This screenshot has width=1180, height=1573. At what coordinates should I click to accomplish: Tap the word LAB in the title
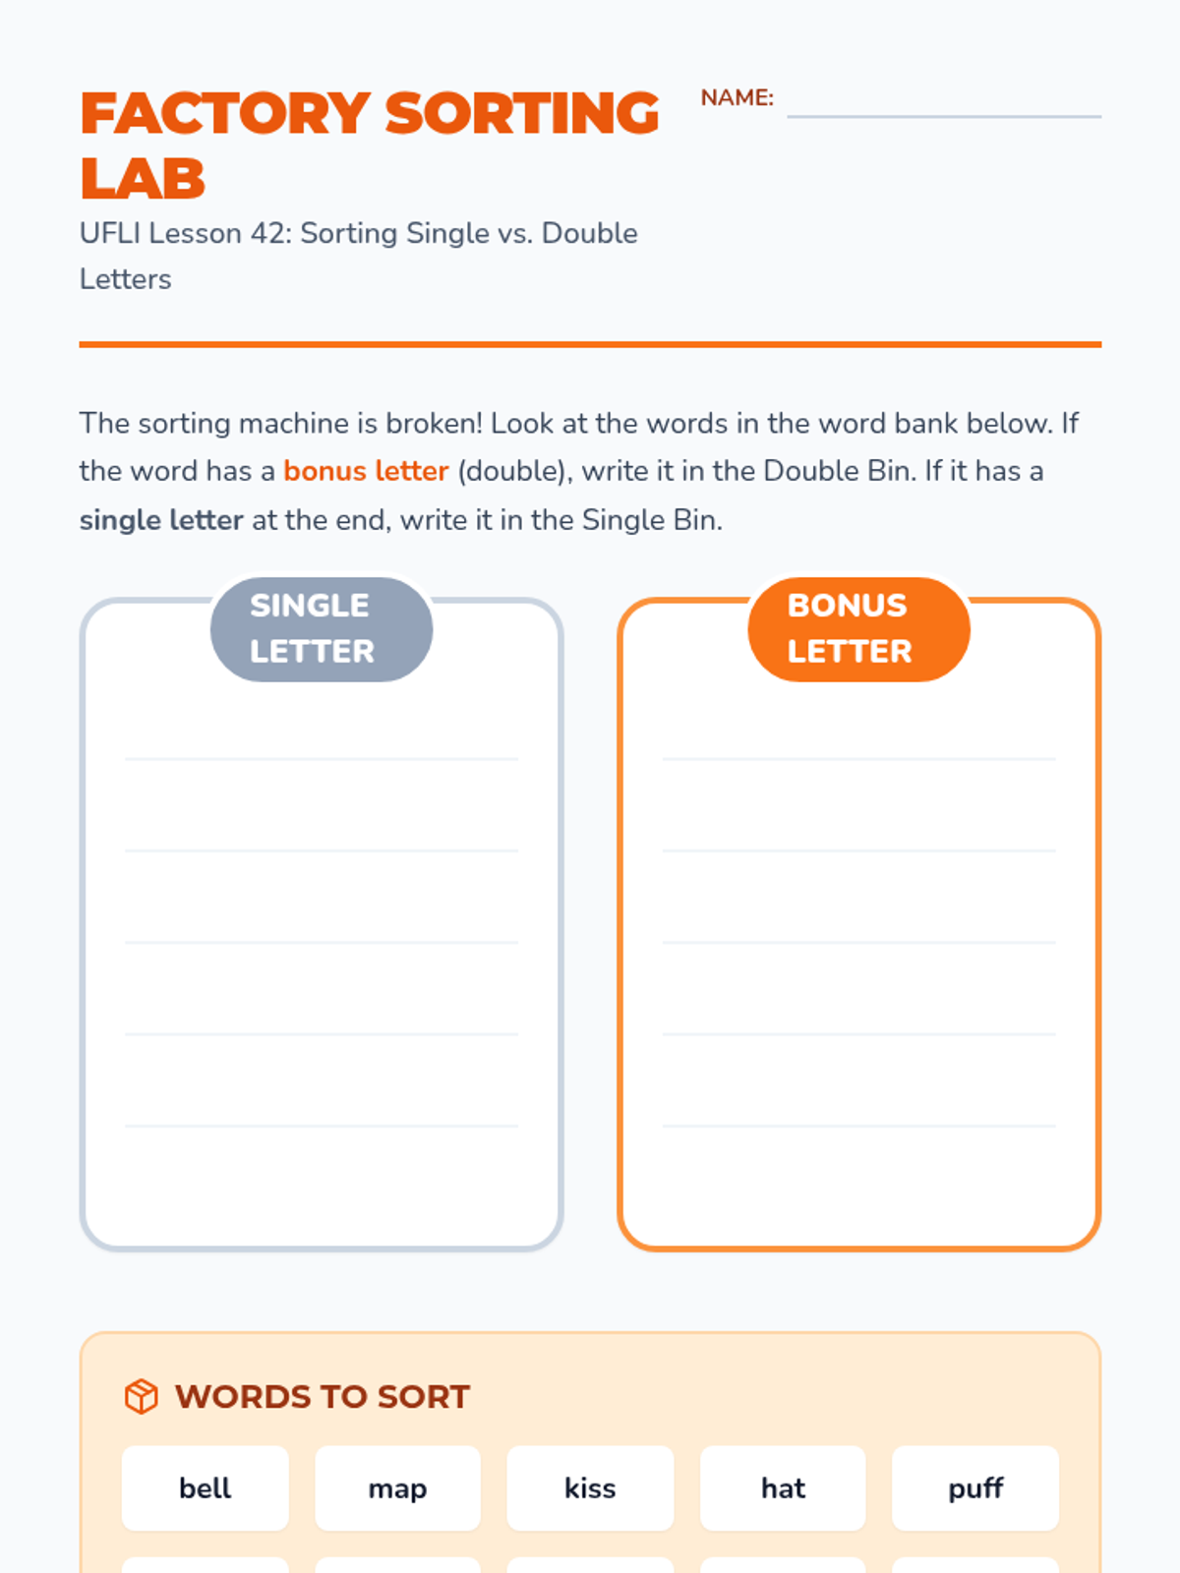[x=143, y=179]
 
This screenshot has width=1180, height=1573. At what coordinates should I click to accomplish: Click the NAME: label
[x=737, y=97]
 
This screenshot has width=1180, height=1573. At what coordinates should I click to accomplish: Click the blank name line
[x=944, y=116]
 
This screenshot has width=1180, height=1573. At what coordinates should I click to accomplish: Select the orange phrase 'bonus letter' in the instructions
[x=366, y=471]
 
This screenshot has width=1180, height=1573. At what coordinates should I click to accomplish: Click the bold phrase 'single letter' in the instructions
[x=161, y=519]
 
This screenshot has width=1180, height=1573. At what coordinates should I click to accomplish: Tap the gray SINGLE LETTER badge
[x=321, y=628]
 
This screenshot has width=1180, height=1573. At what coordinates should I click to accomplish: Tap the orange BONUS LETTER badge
[x=858, y=628]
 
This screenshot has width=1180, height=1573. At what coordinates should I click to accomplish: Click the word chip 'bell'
[x=205, y=1487]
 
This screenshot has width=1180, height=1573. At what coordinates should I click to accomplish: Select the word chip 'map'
[x=397, y=1487]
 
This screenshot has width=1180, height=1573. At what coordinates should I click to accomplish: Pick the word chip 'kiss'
[x=590, y=1487]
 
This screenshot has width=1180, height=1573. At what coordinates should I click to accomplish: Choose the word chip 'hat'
[x=783, y=1487]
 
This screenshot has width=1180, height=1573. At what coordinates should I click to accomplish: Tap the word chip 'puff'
[x=975, y=1487]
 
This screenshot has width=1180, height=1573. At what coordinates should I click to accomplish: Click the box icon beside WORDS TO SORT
[x=142, y=1396]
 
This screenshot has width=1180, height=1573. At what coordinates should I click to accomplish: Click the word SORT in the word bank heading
[x=423, y=1396]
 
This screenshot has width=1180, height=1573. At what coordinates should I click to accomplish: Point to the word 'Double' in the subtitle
[x=590, y=234]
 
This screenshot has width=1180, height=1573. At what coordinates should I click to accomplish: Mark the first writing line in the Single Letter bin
[x=321, y=759]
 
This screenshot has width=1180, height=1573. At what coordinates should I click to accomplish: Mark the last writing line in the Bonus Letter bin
[x=858, y=1126]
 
